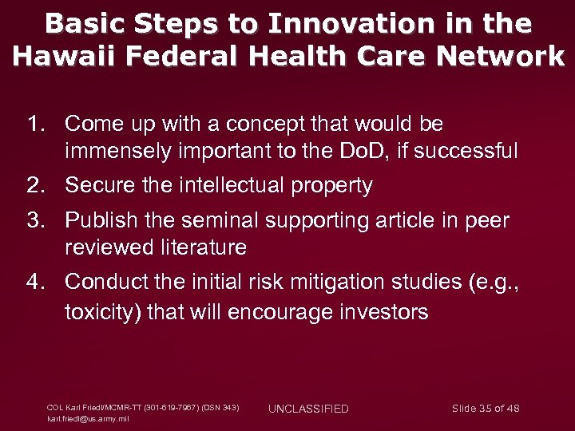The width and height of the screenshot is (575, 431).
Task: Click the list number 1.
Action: click(36, 124)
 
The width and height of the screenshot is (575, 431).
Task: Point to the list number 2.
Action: click(36, 186)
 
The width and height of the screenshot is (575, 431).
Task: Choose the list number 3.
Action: click(36, 219)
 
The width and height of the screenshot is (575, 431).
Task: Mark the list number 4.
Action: click(36, 282)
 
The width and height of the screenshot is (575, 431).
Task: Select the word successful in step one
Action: click(474, 150)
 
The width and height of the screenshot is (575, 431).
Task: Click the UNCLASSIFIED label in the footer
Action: click(308, 409)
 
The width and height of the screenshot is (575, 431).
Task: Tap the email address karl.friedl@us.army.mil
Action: click(89, 418)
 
